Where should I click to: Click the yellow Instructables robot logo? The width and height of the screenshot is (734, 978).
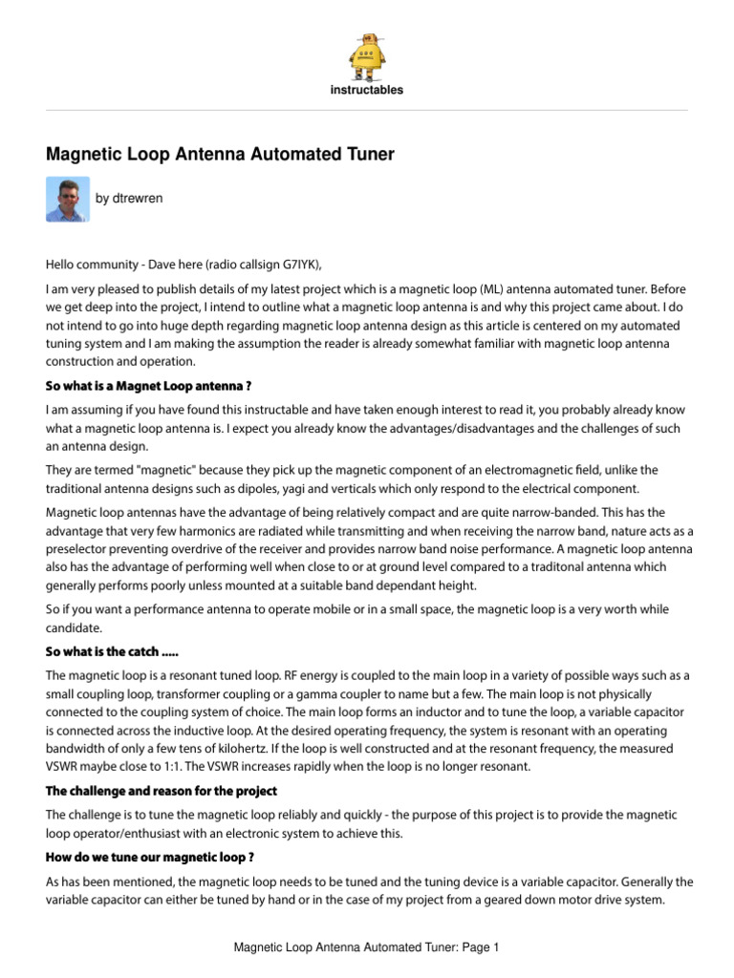(367, 56)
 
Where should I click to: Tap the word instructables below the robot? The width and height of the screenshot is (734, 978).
(367, 91)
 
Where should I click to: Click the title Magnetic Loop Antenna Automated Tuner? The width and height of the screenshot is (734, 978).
(220, 154)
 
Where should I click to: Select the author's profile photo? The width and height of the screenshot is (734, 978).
(67, 199)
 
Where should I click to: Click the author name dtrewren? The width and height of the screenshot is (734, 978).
(129, 199)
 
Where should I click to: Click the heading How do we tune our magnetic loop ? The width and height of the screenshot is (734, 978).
(149, 858)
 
